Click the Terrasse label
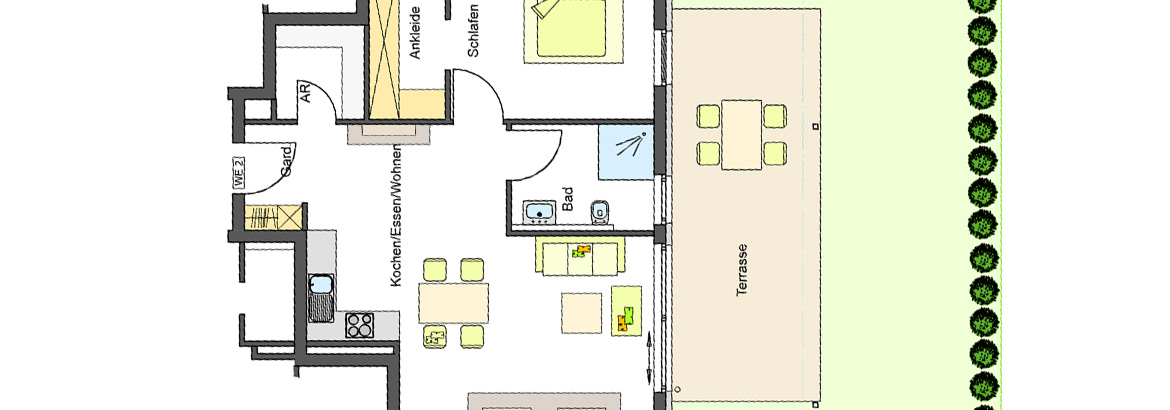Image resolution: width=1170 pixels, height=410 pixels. [742, 271]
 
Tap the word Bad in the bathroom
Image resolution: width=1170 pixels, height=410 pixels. [569, 199]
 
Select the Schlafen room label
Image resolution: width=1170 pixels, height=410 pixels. [473, 31]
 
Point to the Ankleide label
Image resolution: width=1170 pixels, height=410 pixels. [416, 33]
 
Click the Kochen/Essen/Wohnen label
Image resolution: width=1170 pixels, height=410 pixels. [396, 215]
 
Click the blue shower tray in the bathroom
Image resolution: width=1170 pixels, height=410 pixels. [626, 152]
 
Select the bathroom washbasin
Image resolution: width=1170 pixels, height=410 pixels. [539, 212]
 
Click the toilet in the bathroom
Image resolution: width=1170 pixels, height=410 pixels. [599, 212]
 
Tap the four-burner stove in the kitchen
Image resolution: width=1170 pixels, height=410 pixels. [360, 325]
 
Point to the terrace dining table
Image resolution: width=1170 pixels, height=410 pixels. [741, 134]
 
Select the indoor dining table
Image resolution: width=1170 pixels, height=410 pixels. [454, 302]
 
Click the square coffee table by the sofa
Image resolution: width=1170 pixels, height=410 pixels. [581, 313]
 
